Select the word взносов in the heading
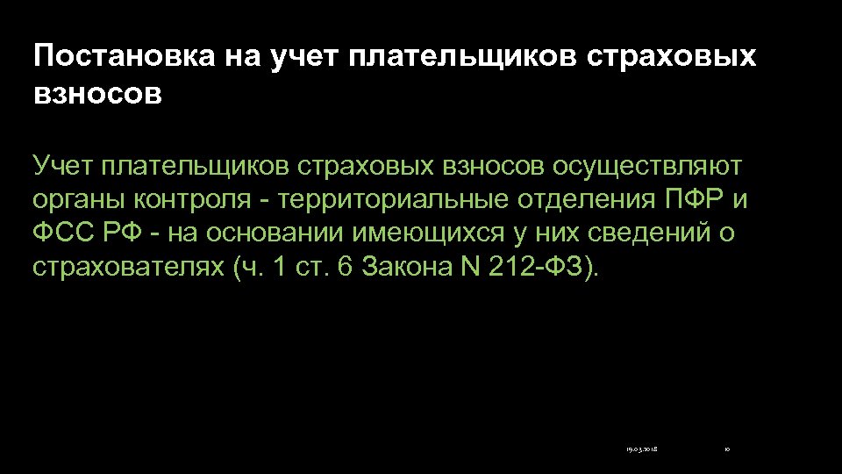97,93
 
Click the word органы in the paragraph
79,199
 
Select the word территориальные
391,199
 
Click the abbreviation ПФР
691,199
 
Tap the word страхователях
128,268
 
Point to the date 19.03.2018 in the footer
642,449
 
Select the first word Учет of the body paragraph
62,165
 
